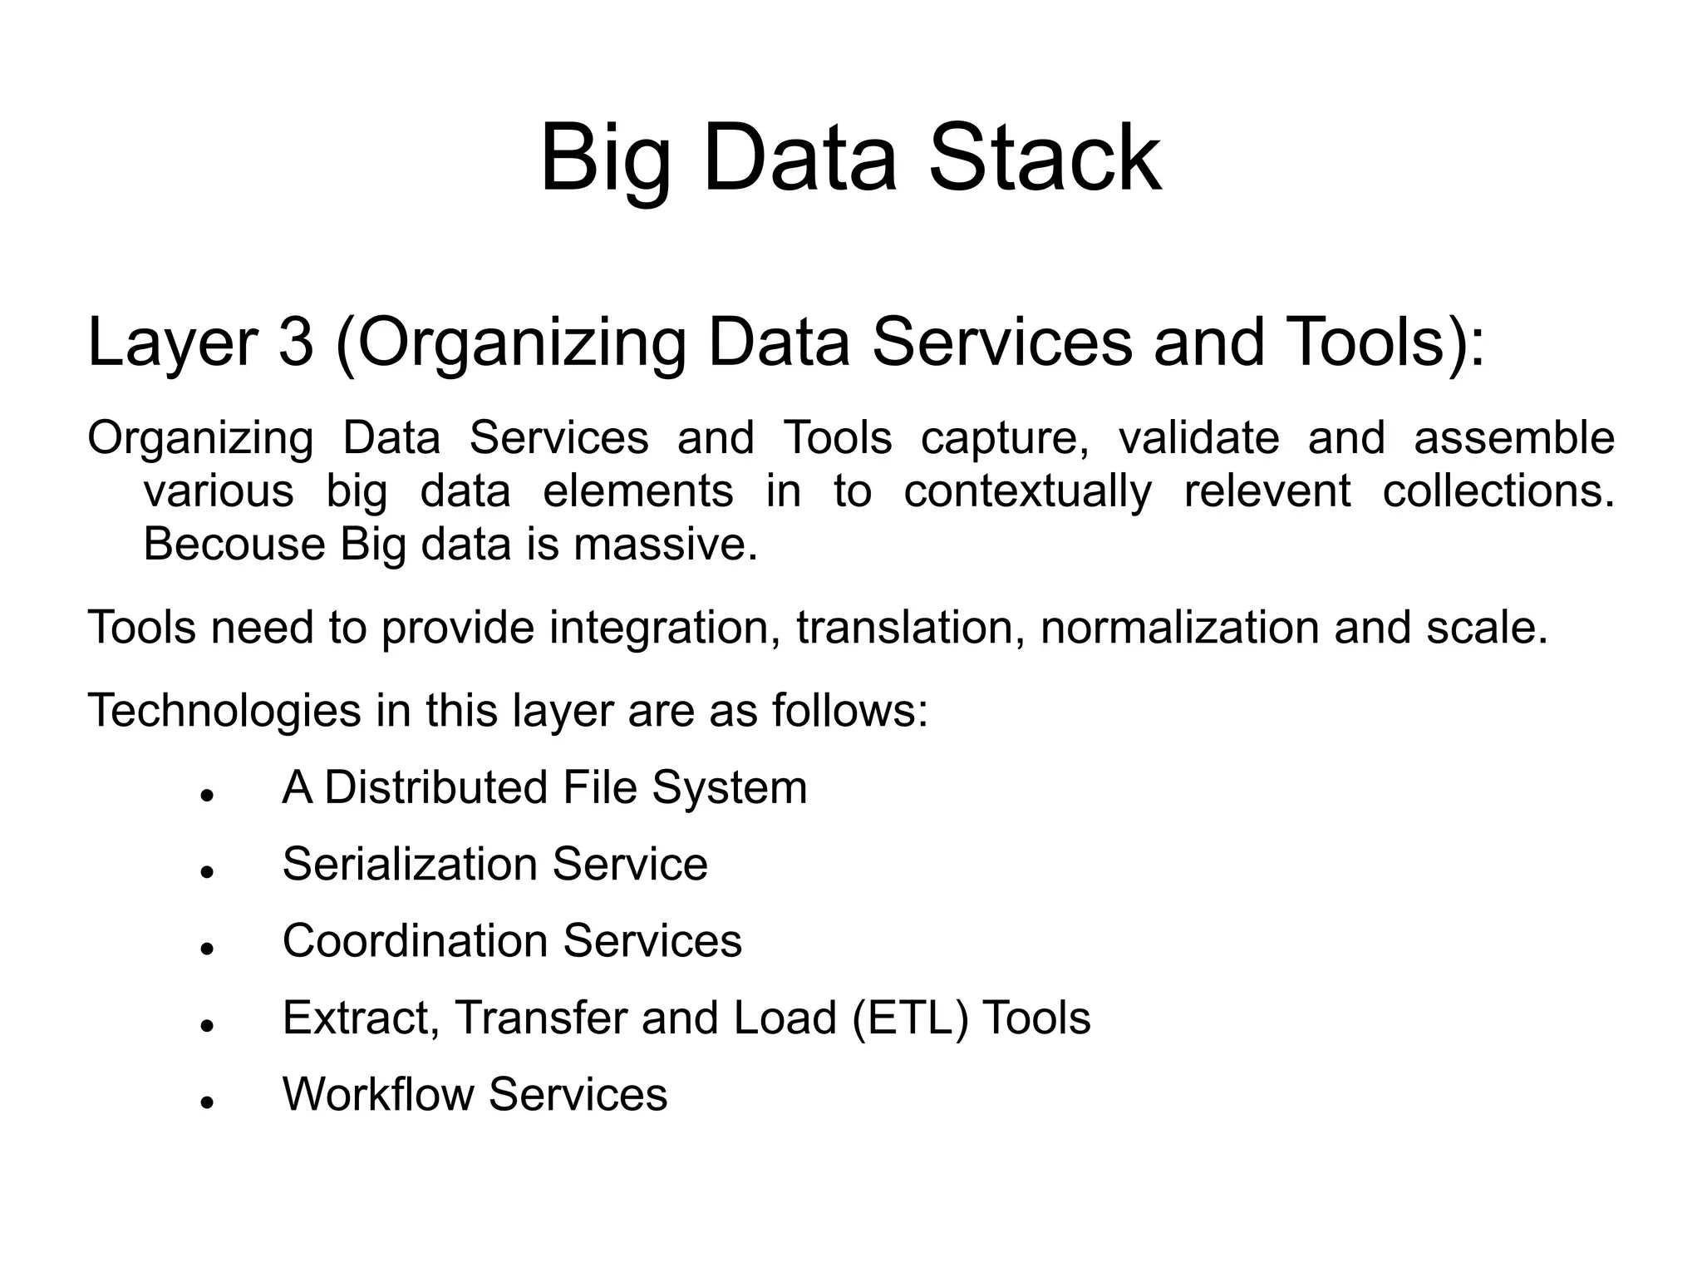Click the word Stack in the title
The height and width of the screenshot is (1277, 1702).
1045,158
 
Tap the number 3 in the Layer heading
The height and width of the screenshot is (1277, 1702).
295,342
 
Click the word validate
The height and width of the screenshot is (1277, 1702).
1198,439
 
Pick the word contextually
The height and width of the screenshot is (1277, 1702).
1027,491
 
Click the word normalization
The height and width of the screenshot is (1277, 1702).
1179,627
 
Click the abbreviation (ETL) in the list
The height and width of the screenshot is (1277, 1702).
909,1018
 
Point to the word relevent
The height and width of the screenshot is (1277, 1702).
1267,491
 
